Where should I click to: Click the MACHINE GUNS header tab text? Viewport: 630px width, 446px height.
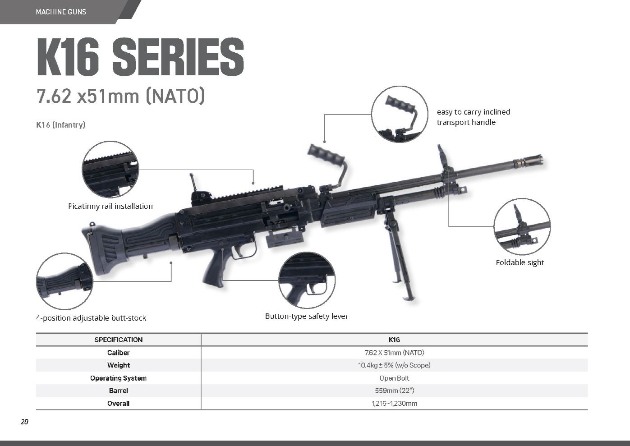click(x=61, y=12)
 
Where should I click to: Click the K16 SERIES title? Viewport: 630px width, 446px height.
click(x=140, y=57)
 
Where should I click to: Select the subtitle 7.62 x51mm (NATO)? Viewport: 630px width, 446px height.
click(x=121, y=96)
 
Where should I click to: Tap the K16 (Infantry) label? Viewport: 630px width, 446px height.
click(x=61, y=124)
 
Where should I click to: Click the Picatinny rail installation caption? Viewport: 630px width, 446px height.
click(x=110, y=206)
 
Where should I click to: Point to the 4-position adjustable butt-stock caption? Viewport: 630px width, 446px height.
click(x=91, y=318)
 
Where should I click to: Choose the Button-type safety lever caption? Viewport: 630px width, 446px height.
click(x=307, y=317)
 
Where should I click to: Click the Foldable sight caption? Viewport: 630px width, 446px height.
click(x=520, y=262)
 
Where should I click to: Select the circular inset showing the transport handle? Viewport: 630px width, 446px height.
click(x=400, y=114)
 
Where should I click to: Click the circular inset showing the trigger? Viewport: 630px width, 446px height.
click(x=307, y=280)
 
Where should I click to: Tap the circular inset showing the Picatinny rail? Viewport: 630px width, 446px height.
click(x=110, y=170)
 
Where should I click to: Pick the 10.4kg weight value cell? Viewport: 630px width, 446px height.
click(x=394, y=365)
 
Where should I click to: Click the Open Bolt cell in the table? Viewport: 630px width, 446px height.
click(x=394, y=378)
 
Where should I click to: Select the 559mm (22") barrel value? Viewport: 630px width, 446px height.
click(x=394, y=391)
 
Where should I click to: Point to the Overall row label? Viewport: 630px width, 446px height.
click(x=119, y=404)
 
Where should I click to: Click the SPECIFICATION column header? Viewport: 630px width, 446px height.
click(x=119, y=340)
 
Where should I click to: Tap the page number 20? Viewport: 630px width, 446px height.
click(x=24, y=422)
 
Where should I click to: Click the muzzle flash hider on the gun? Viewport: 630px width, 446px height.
click(x=529, y=161)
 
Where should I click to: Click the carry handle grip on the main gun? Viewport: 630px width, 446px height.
click(x=326, y=154)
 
